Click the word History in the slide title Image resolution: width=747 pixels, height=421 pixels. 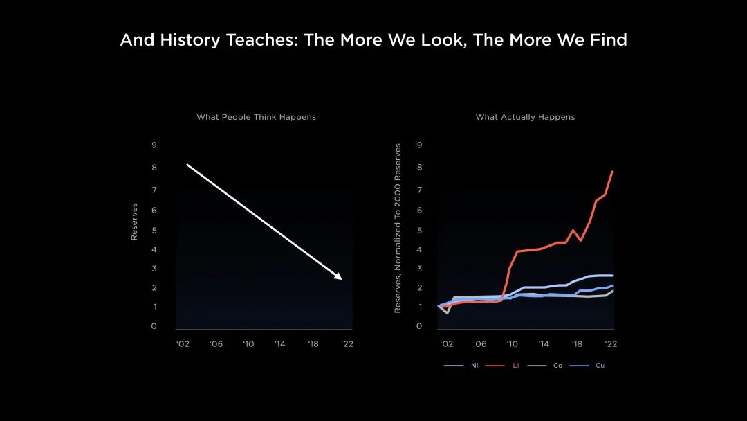[190, 40]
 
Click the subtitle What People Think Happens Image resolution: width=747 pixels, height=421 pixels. [257, 117]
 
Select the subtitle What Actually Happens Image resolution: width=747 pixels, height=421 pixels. [525, 117]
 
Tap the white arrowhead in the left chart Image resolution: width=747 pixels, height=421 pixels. [338, 276]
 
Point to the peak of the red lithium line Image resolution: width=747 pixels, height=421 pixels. [612, 172]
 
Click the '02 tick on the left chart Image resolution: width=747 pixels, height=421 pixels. [183, 343]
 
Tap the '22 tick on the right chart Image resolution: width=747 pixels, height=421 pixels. [611, 343]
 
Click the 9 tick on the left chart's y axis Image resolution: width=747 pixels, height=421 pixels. [154, 145]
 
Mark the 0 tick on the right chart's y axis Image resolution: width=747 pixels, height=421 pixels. [419, 326]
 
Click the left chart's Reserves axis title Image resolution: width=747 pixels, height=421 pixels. [134, 222]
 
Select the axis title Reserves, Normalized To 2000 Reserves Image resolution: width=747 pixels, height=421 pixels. [397, 229]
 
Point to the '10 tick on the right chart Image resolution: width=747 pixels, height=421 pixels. [512, 343]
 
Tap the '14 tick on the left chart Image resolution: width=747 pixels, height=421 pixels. [280, 343]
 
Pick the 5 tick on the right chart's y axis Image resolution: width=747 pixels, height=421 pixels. [419, 231]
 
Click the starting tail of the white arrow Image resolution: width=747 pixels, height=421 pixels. [187, 165]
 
